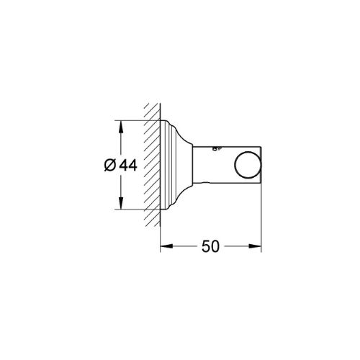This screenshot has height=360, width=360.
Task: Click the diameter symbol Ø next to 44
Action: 110,165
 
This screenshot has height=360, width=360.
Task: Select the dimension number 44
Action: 128,166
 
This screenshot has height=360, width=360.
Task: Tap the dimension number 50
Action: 210,246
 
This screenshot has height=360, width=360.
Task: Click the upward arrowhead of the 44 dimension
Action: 121,126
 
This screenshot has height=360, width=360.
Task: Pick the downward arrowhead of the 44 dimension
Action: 121,203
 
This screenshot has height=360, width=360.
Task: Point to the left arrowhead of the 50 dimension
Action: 166,246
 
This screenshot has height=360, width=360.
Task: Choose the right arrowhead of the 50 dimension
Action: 255,246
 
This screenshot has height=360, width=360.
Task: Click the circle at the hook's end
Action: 248,165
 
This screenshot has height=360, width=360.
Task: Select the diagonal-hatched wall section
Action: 152,165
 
